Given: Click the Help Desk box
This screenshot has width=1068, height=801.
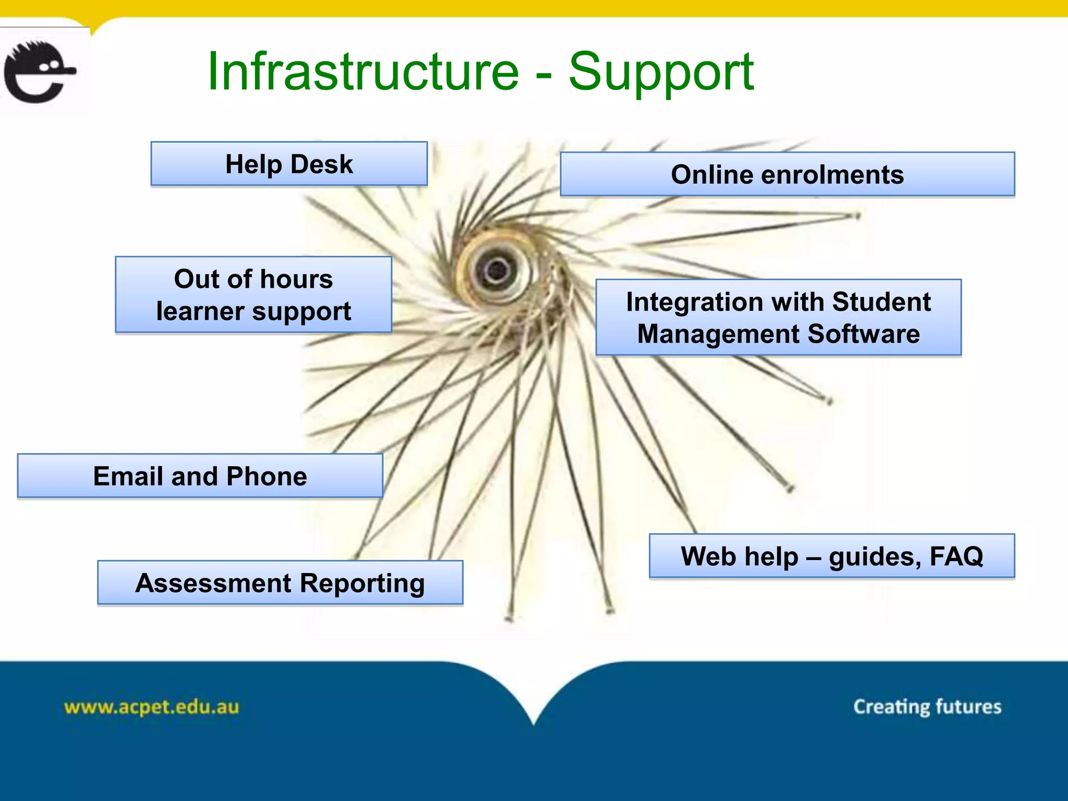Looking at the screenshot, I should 289,164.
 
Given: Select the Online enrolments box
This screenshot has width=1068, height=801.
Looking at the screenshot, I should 787,174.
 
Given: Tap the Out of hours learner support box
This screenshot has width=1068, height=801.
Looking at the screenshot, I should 253,295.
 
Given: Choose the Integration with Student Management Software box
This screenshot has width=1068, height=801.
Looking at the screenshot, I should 778,318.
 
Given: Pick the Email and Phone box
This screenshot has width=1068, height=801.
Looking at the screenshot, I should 200,476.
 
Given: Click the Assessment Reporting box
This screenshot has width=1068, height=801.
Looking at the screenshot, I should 280,583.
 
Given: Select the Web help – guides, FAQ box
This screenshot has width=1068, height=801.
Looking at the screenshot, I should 831,556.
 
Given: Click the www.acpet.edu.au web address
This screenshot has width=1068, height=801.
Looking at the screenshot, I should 151,707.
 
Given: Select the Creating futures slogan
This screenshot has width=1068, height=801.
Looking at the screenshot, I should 927,707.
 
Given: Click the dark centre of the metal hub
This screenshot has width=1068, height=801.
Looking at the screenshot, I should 496,269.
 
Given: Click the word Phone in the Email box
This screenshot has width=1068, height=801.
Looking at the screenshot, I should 266,476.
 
